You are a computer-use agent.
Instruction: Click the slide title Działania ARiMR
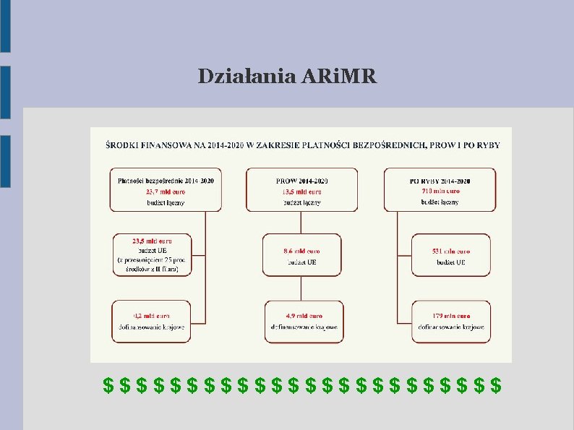click(x=287, y=77)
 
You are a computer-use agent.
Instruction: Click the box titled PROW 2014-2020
click(x=301, y=189)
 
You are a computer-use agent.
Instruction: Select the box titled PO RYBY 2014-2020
click(x=440, y=189)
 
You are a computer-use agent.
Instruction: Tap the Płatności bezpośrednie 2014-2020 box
click(x=166, y=189)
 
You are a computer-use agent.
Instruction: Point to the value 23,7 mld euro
click(x=166, y=192)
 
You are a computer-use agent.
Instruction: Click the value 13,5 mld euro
click(x=301, y=192)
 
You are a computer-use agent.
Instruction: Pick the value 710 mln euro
click(x=440, y=192)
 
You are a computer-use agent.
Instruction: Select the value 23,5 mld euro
click(x=152, y=240)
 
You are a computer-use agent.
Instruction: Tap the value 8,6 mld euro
click(x=301, y=251)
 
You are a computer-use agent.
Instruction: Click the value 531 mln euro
click(x=450, y=251)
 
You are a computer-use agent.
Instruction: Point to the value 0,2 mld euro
click(x=152, y=316)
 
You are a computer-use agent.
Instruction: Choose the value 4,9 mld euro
click(x=304, y=316)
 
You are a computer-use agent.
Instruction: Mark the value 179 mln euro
click(x=450, y=316)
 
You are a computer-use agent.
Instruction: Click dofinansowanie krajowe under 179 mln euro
click(x=450, y=327)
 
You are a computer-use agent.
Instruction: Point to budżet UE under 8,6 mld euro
click(x=301, y=262)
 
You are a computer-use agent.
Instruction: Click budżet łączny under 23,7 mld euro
click(x=166, y=203)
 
